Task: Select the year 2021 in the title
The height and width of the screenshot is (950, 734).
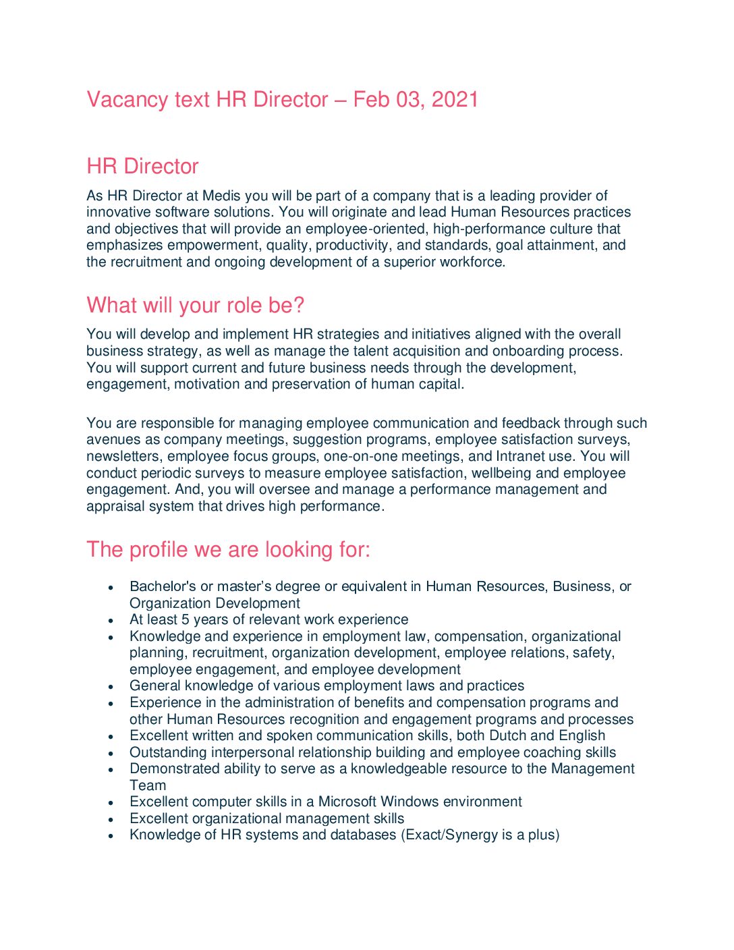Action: (455, 100)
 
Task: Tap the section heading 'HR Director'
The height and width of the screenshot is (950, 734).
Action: (142, 167)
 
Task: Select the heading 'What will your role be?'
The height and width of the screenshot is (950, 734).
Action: (195, 306)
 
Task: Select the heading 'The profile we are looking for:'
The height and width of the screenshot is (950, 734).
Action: (228, 550)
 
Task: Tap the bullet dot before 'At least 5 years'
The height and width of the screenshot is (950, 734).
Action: (111, 620)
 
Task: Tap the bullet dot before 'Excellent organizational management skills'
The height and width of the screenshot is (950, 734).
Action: (111, 819)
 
